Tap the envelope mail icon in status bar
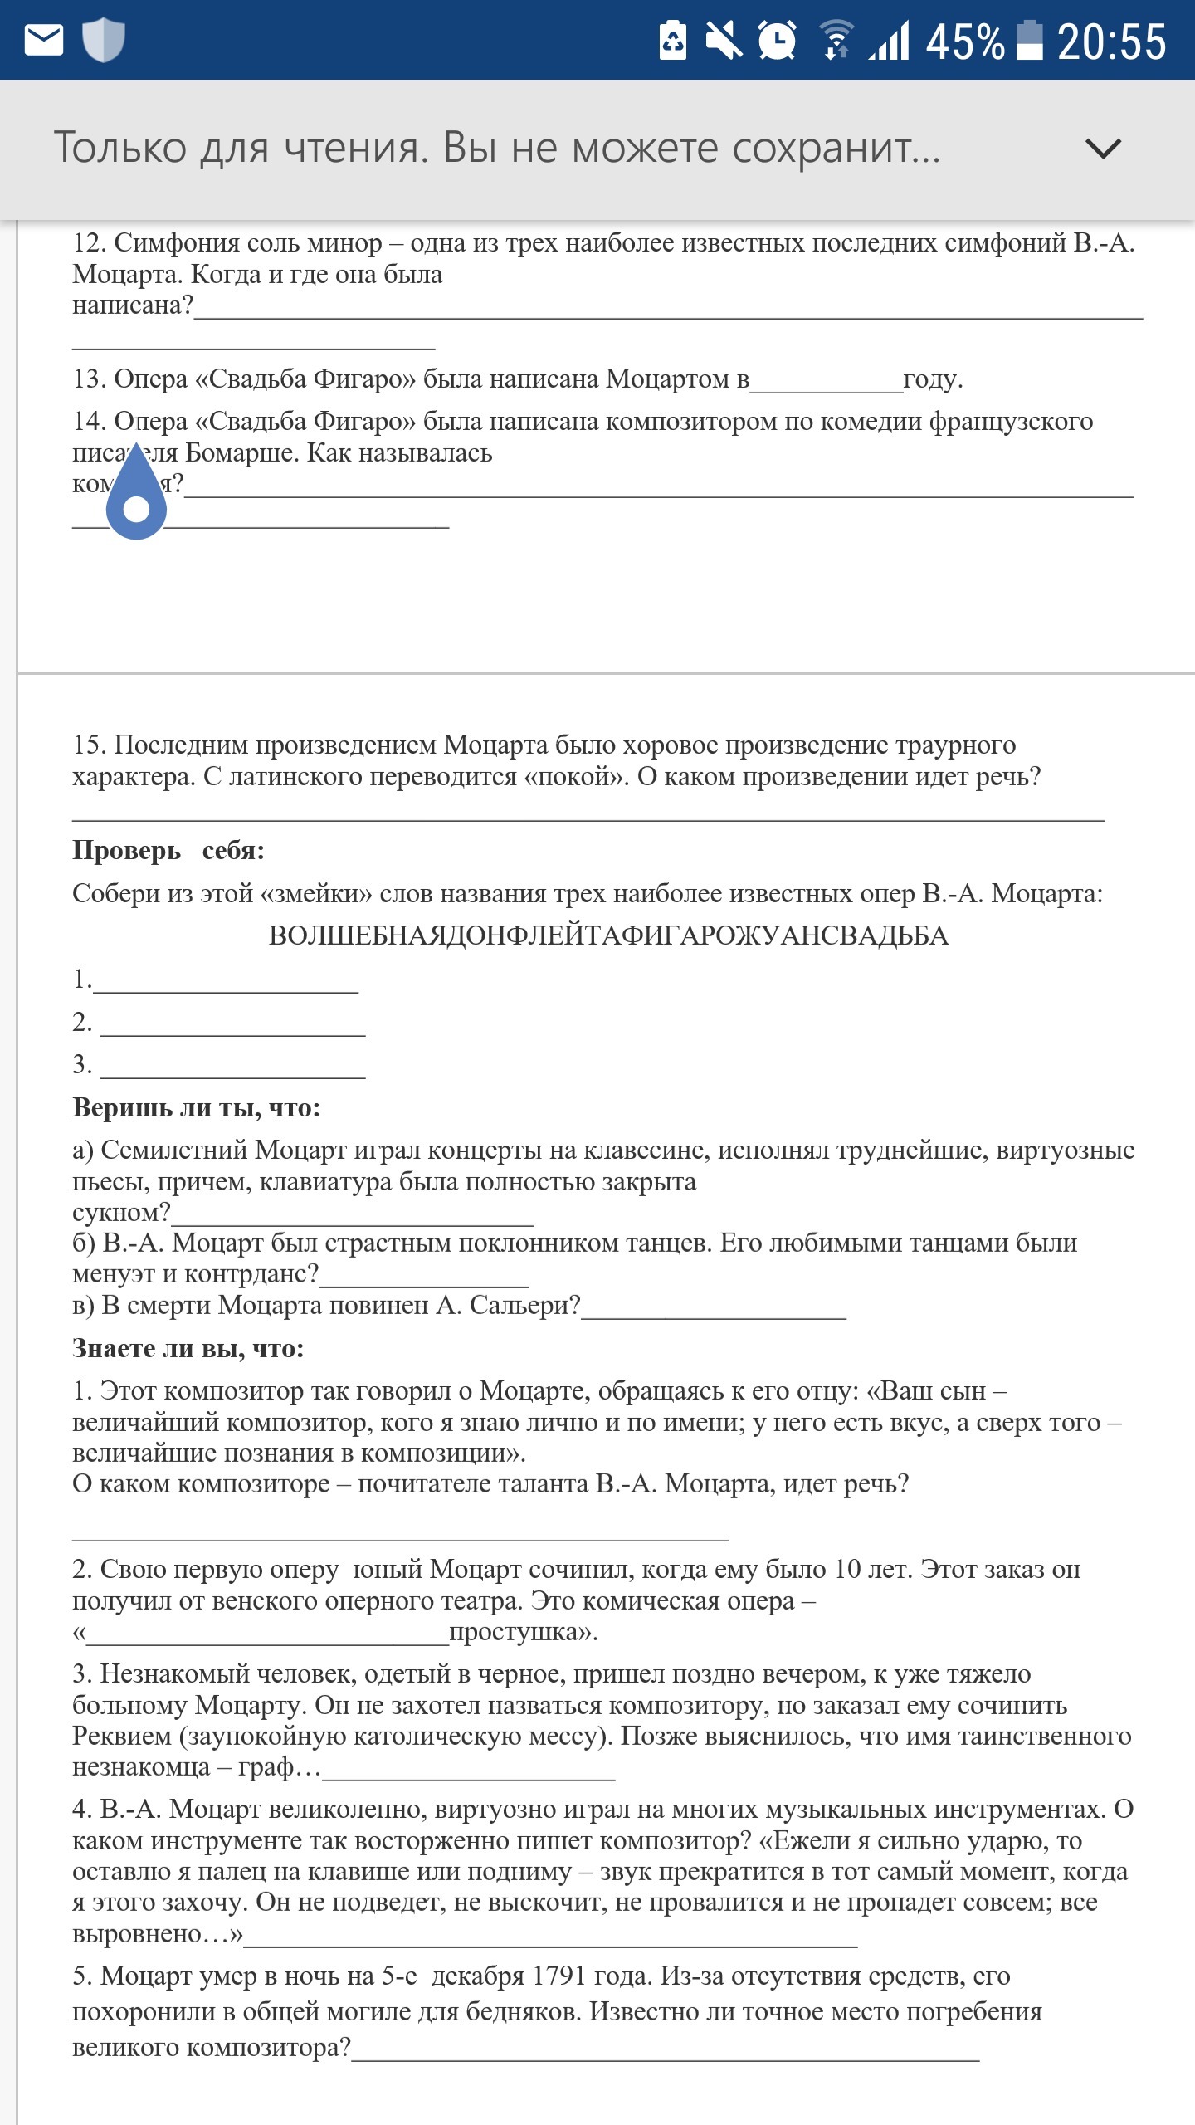click(x=44, y=40)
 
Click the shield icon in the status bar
click(x=103, y=40)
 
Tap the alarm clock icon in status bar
click(x=777, y=40)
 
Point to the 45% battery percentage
click(x=964, y=42)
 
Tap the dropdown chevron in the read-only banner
click(x=1103, y=149)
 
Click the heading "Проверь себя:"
click(x=168, y=851)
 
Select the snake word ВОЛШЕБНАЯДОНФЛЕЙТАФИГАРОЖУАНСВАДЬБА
click(x=608, y=935)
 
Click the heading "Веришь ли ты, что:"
click(x=196, y=1107)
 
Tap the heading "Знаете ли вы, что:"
click(x=188, y=1348)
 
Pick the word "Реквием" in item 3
click(x=122, y=1736)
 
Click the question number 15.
click(x=89, y=745)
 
